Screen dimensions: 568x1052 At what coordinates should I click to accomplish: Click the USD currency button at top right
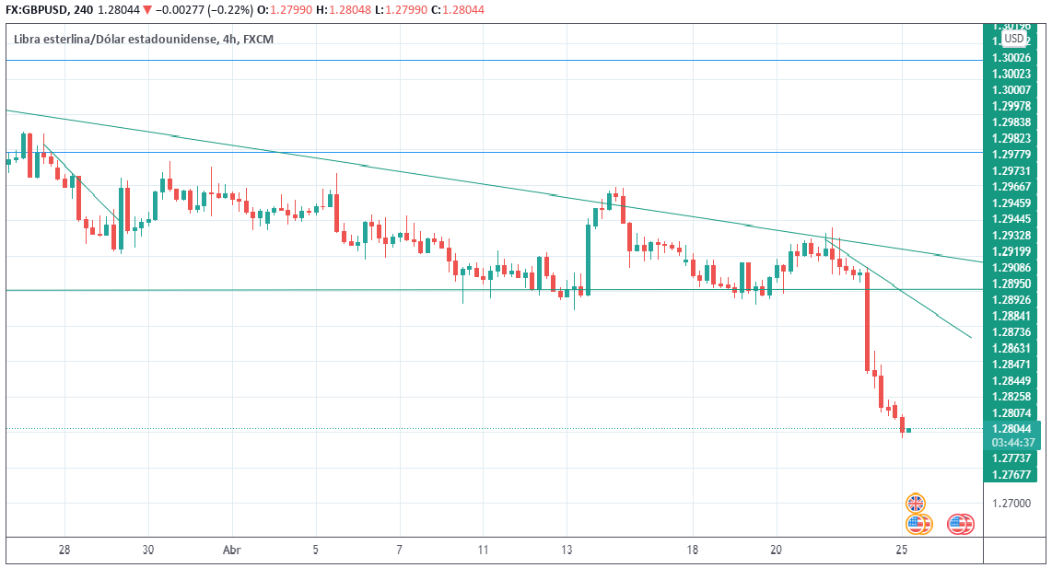(x=1013, y=39)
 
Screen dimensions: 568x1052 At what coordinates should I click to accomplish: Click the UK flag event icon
(x=915, y=504)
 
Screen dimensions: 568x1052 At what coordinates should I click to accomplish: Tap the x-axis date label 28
(x=64, y=550)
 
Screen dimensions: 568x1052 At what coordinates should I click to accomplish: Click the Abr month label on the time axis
(x=232, y=550)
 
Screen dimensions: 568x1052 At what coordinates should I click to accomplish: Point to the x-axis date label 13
(x=567, y=550)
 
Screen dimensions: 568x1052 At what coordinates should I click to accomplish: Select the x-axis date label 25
(x=903, y=550)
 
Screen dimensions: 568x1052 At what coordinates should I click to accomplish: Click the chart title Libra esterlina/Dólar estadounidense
(x=115, y=39)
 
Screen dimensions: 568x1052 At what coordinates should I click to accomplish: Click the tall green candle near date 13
(x=589, y=258)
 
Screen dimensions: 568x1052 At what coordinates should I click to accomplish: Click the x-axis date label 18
(x=693, y=550)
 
